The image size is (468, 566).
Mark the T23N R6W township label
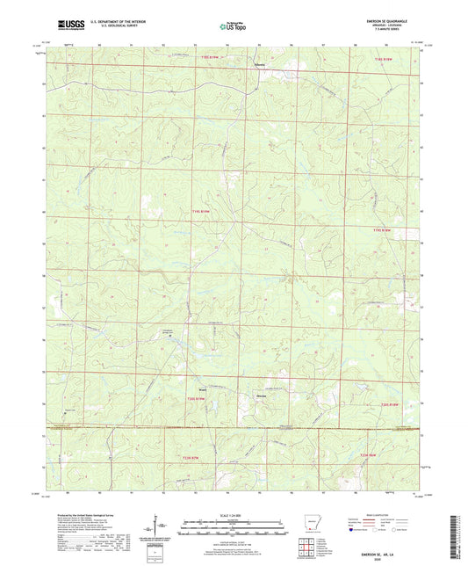pyautogui.click(x=369, y=454)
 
